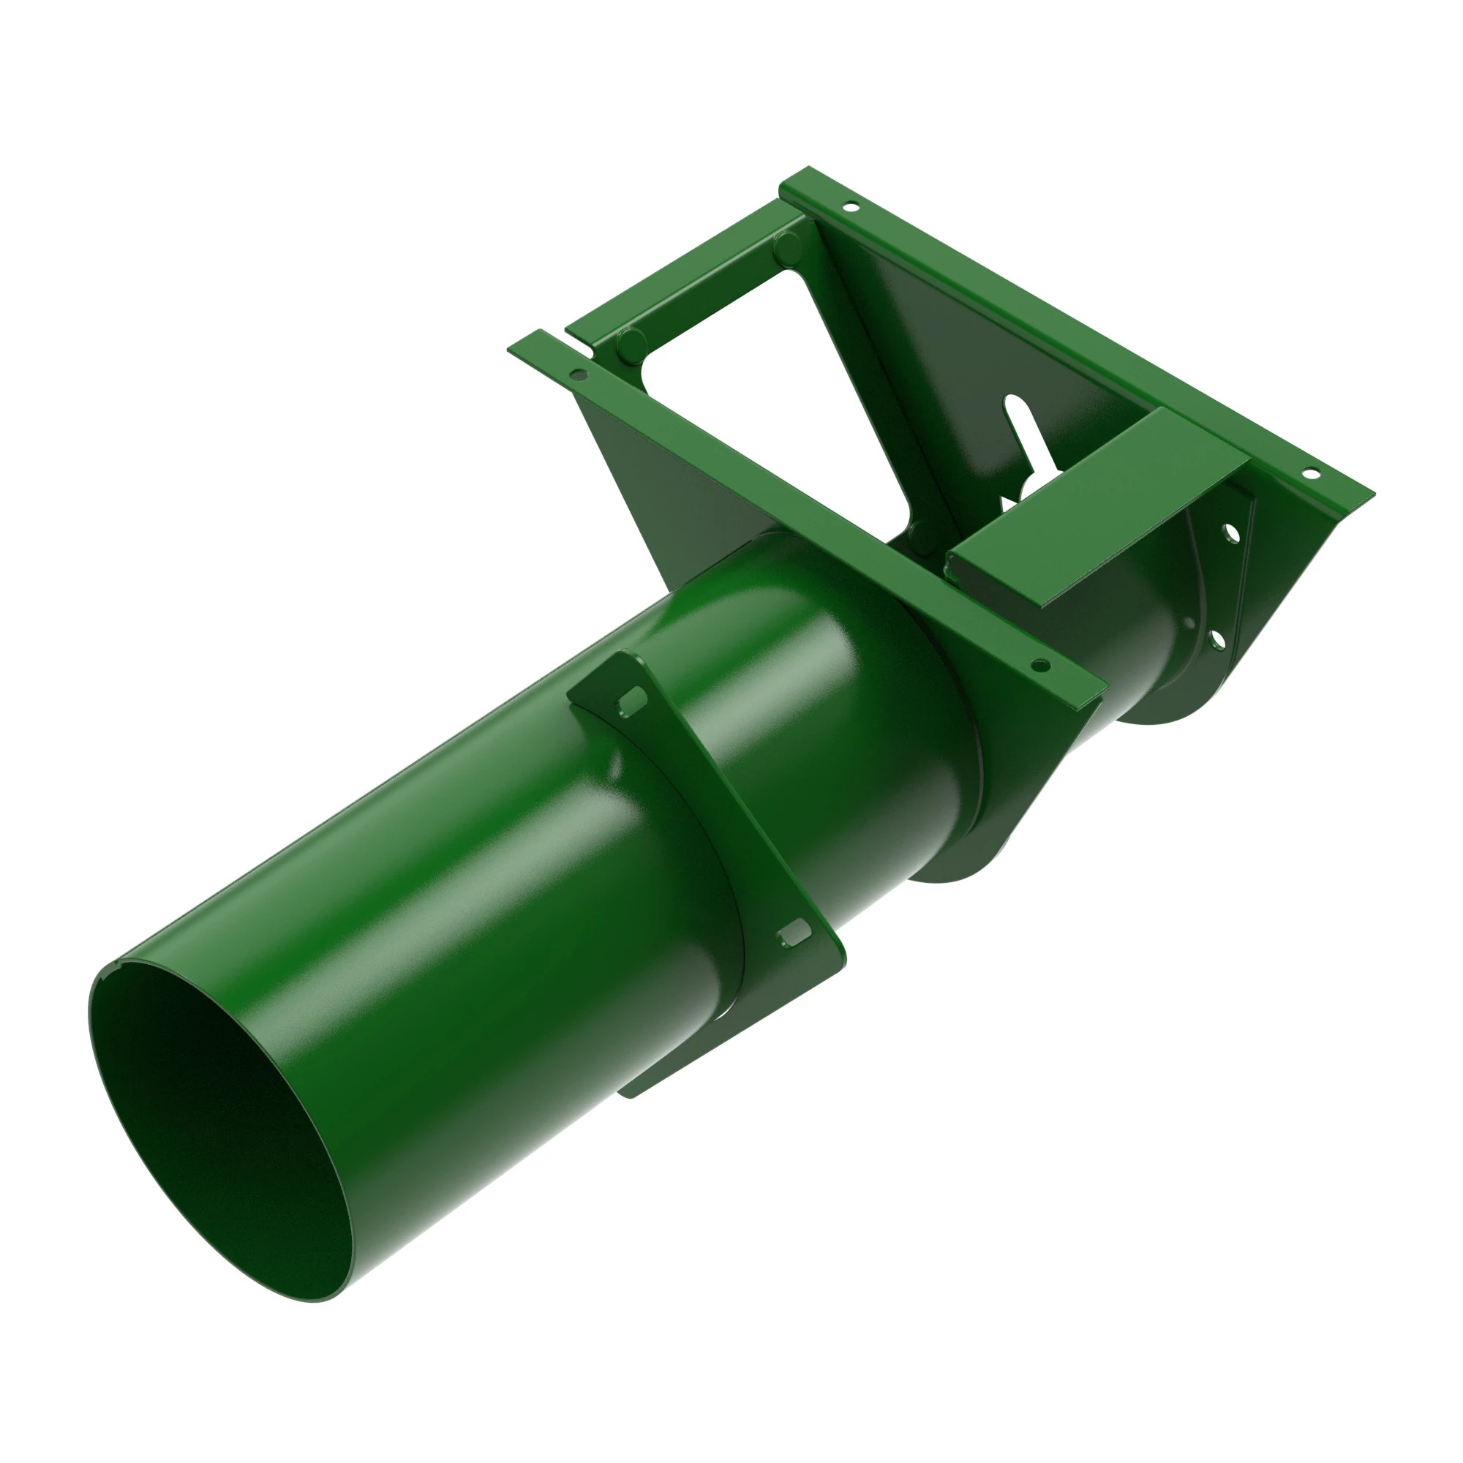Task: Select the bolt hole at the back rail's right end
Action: coord(1309,474)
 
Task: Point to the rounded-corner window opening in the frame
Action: coord(765,394)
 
